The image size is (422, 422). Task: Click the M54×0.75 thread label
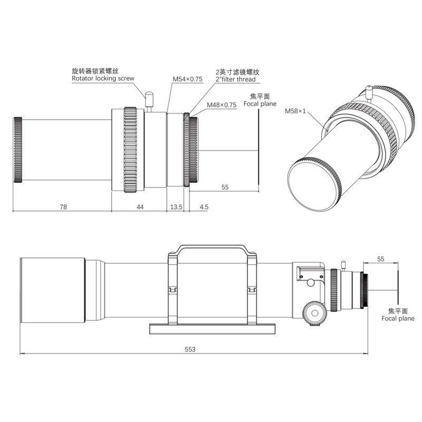pyautogui.click(x=188, y=79)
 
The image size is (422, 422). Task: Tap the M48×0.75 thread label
pyautogui.click(x=222, y=105)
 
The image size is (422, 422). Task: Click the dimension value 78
pyautogui.click(x=63, y=207)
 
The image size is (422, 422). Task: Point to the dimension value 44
pyautogui.click(x=140, y=207)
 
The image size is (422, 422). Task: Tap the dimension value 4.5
pyautogui.click(x=204, y=207)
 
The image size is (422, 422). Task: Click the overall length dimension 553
pyautogui.click(x=190, y=349)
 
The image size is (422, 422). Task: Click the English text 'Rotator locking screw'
pyautogui.click(x=103, y=79)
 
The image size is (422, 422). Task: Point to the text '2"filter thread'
pyautogui.click(x=236, y=80)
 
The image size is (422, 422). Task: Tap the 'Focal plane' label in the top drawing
pyautogui.click(x=260, y=104)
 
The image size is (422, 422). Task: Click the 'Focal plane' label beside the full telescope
pyautogui.click(x=398, y=318)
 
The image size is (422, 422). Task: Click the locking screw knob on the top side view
pyautogui.click(x=149, y=99)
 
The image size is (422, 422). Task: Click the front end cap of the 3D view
pyautogui.click(x=313, y=182)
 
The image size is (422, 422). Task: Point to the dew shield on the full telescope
pyautogui.click(x=53, y=290)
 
